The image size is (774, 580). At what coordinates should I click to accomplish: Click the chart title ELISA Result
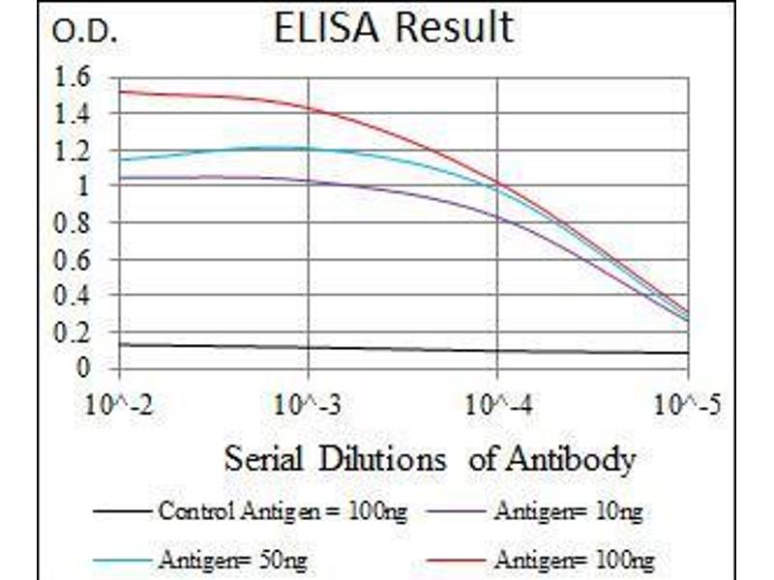pos(393,28)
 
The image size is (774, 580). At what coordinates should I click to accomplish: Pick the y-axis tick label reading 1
pos(83,186)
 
